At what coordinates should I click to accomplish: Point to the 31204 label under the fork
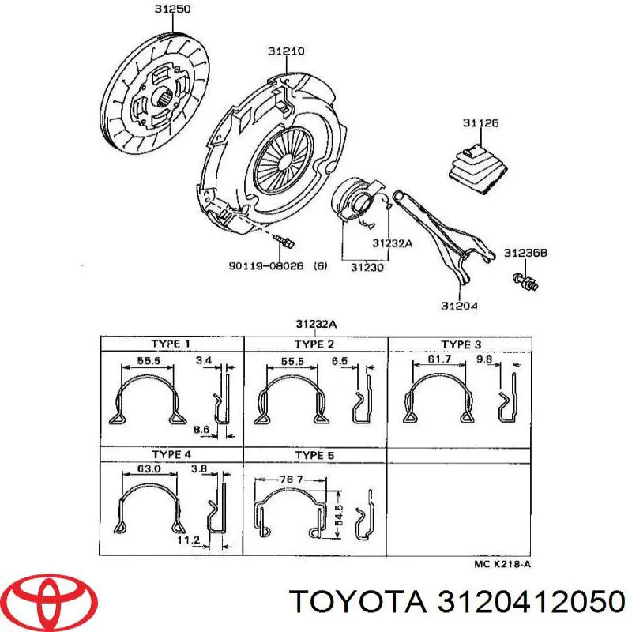(x=458, y=305)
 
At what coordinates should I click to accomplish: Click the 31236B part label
(x=525, y=253)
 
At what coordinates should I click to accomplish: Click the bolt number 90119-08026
(x=267, y=267)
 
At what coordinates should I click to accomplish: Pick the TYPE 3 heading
(x=461, y=344)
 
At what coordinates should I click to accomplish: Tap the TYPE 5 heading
(x=315, y=455)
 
